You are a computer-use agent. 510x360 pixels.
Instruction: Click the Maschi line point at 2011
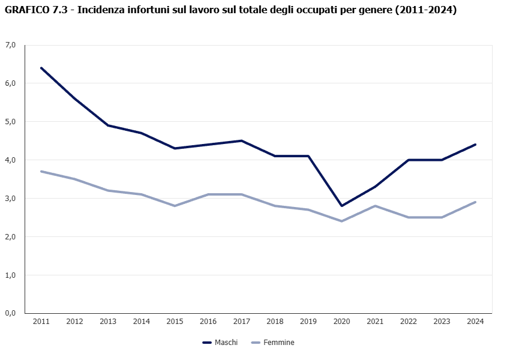click(x=41, y=68)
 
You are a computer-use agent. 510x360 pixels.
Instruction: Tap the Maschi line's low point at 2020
click(x=342, y=206)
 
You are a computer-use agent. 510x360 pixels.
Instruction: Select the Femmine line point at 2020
click(x=342, y=221)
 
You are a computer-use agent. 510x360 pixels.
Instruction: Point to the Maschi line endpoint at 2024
click(x=475, y=145)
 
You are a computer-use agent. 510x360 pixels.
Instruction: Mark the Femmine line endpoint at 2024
click(x=475, y=202)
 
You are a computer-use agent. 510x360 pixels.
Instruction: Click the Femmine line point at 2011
click(x=41, y=171)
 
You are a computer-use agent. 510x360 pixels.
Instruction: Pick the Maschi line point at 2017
click(x=242, y=140)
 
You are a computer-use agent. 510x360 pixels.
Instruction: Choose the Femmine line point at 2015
click(x=175, y=206)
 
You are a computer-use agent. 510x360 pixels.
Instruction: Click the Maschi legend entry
click(x=220, y=343)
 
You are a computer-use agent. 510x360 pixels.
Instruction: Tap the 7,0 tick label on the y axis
click(x=10, y=45)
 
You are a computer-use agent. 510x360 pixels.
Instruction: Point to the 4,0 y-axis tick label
click(x=10, y=160)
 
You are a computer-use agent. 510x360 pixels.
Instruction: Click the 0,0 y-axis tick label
click(x=10, y=313)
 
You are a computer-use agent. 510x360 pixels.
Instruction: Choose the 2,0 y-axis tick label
click(x=10, y=236)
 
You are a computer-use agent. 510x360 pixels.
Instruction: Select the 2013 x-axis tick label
click(x=108, y=322)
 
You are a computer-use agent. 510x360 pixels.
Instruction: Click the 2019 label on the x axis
click(x=308, y=322)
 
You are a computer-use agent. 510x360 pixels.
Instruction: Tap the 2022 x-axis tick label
click(x=409, y=322)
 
